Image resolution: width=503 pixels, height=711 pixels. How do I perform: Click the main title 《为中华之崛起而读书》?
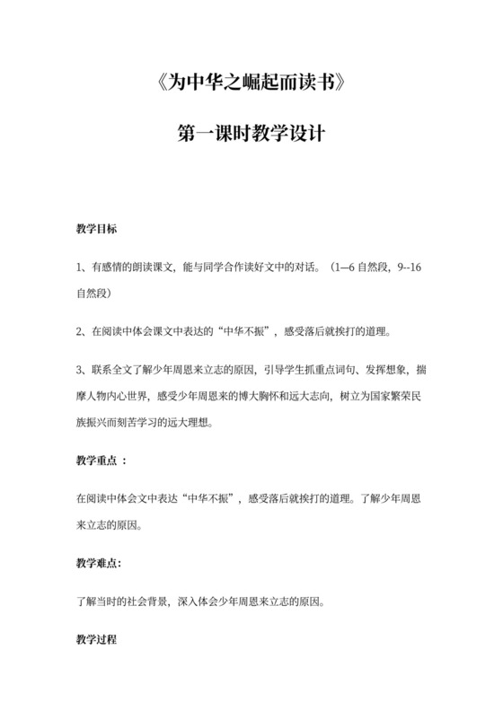(x=251, y=86)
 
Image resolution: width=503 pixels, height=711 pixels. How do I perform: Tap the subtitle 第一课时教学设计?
(x=251, y=136)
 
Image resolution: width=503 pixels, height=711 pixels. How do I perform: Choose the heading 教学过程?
(x=96, y=643)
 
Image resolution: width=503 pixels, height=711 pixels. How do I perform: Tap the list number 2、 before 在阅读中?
(x=82, y=331)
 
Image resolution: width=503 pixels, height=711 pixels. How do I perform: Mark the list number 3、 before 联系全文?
(x=82, y=369)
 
